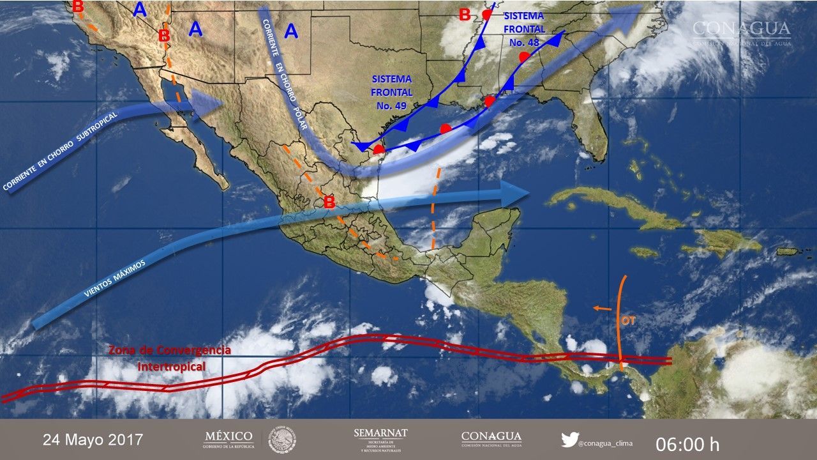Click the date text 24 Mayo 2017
[x=93, y=440]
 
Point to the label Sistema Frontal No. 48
[x=524, y=29]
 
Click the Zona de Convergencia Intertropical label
[x=170, y=358]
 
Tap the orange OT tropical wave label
[x=629, y=321]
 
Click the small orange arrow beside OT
[x=601, y=309]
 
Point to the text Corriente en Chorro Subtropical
[x=57, y=160]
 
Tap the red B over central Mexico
[x=329, y=203]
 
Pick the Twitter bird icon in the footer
[x=569, y=440]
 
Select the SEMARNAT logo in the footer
[x=380, y=440]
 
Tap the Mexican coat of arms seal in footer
[x=281, y=440]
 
